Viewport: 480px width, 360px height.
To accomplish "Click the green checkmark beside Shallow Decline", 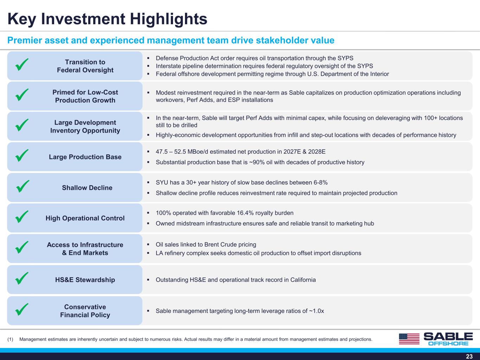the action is coord(23,186).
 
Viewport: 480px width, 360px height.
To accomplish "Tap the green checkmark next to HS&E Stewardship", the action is coord(22,278).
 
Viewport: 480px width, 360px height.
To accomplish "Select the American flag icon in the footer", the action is coord(409,339).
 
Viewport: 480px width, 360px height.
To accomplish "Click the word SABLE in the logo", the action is coord(448,336).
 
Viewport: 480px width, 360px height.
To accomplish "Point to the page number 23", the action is coord(469,356).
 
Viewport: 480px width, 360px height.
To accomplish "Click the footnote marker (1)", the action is coord(10,339).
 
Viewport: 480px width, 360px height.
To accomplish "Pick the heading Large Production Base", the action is coord(85,157).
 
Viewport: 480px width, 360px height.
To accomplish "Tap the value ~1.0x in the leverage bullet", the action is coord(316,311).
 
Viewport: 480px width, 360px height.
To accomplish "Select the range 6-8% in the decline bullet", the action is coord(321,182).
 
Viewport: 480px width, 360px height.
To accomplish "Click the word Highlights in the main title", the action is coord(168,19).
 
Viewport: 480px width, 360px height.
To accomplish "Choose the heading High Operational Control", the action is coord(85,218).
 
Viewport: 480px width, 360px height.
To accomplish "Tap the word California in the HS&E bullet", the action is coord(303,280).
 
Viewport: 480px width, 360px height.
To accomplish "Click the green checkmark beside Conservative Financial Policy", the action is coord(22,309).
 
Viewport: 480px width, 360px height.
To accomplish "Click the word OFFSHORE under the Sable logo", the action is coord(448,343).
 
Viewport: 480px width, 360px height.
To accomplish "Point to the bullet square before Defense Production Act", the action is coord(148,58).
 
